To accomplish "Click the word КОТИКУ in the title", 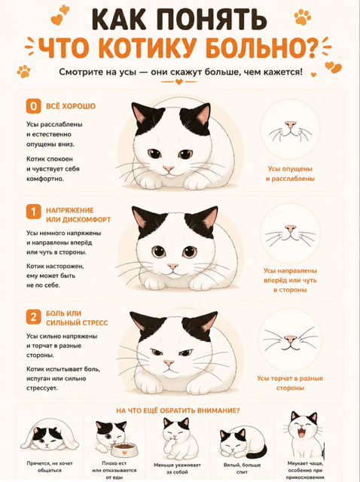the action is coord(148,48).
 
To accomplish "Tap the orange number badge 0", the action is coord(33,106).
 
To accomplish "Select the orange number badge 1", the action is coord(33,212).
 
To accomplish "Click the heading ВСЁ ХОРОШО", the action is coord(71,106).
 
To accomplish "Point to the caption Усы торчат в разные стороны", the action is coord(290,383).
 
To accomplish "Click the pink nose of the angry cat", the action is coord(169,363).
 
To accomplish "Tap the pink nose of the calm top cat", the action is coord(169,169).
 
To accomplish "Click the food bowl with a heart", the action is coord(124,451).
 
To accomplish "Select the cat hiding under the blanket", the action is coord(49,437).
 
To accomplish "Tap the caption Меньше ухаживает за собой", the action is coord(178,468).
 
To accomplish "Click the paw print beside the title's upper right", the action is coord(303,17).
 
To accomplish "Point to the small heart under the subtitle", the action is coord(179,82).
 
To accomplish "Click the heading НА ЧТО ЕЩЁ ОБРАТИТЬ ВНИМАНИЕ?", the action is coord(178,410).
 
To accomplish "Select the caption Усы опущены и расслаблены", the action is coord(290,174).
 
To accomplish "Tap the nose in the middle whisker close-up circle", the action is coord(290,229).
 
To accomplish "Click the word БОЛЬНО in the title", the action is coord(262,48).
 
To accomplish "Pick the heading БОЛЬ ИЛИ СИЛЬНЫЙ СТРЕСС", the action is coord(77,318).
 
